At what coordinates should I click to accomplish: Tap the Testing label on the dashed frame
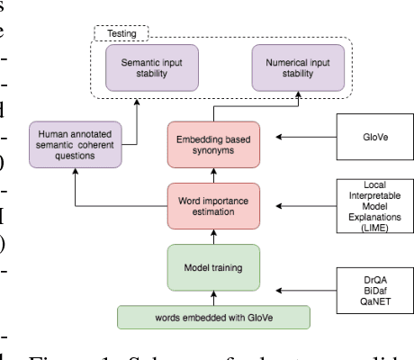122,34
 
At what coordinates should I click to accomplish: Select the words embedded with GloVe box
213,317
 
